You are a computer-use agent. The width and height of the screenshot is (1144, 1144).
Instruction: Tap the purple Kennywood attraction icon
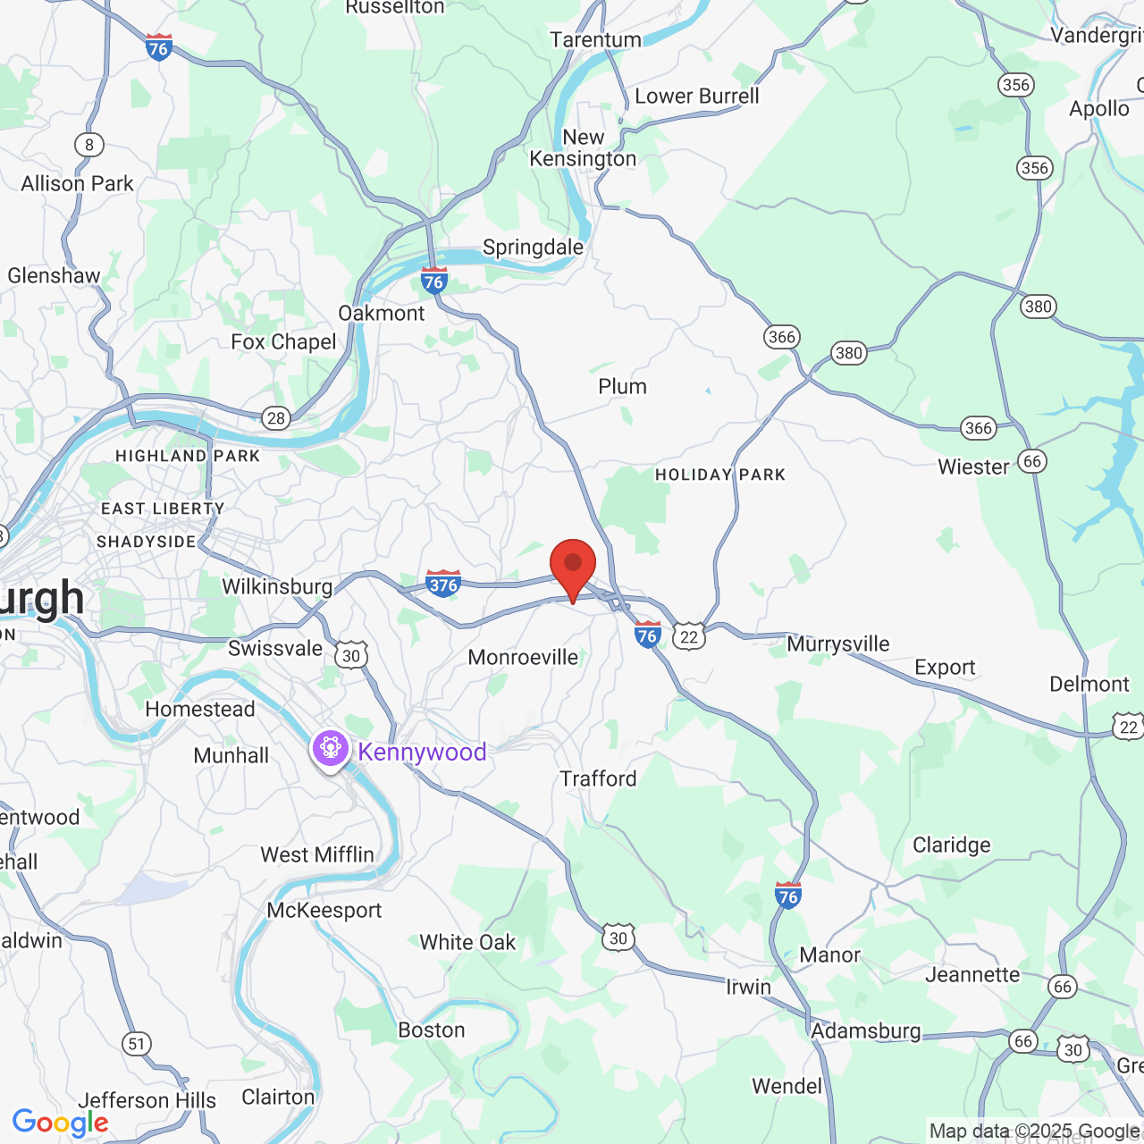pos(331,747)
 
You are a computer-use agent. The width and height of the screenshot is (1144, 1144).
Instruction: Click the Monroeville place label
pos(523,658)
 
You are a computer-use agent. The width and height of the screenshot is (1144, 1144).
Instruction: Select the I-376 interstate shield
pos(443,584)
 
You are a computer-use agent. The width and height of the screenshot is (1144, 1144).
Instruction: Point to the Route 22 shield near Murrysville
pos(689,636)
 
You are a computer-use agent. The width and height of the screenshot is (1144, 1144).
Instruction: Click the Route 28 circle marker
pos(276,417)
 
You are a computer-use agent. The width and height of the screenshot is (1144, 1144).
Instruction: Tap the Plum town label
pos(622,387)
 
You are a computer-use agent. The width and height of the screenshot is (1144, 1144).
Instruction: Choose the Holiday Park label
pos(720,475)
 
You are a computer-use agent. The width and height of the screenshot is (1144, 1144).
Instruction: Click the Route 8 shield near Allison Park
pos(88,145)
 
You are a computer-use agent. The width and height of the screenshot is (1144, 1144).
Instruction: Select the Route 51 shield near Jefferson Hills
pos(136,1044)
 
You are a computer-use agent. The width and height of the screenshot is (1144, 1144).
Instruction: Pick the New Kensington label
pos(583,148)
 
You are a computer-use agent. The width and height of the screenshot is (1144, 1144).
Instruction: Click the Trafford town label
pos(598,779)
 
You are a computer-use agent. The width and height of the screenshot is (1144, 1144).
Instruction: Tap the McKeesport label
pos(324,911)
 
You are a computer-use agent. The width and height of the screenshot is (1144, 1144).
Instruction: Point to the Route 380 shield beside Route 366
pos(848,352)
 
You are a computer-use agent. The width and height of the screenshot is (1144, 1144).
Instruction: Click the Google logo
pos(60,1123)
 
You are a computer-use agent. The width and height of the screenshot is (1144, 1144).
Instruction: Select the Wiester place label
pos(973,467)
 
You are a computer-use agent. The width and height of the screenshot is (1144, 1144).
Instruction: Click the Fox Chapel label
pos(283,342)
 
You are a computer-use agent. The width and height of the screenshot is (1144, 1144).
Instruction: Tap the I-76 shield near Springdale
pos(433,281)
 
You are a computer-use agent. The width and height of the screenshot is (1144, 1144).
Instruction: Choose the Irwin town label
pos(748,987)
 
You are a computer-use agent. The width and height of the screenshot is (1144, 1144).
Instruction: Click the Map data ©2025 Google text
pos(1034,1131)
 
